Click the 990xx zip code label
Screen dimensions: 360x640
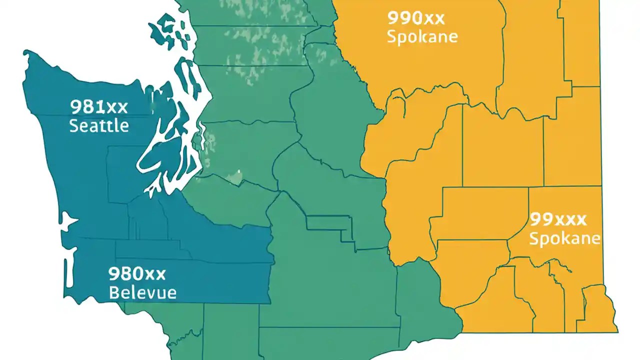click(415, 19)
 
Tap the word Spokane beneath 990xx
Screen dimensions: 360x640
click(422, 37)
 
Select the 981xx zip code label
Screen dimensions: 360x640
click(99, 106)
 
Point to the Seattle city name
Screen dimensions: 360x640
click(99, 125)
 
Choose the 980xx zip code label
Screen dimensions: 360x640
click(136, 273)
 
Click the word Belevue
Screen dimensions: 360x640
click(142, 292)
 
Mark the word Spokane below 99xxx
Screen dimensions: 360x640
click(564, 238)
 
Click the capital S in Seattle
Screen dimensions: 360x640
click(73, 125)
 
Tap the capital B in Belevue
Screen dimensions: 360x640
click(113, 292)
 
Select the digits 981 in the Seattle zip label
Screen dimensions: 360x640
click(87, 106)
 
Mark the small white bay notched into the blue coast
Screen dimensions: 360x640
click(67, 221)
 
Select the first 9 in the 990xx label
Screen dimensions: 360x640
click(393, 19)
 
